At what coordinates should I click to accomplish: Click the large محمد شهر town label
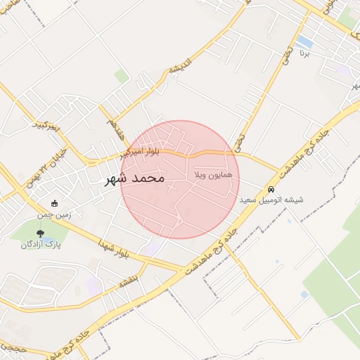point(134,178)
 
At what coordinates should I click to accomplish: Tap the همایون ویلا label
point(207,172)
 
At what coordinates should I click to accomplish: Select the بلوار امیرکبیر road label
point(139,151)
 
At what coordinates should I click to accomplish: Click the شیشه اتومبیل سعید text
point(271,200)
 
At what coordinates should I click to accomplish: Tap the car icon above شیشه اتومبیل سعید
point(271,190)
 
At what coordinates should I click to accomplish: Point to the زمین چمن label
point(55,214)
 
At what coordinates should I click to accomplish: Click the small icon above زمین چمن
point(55,203)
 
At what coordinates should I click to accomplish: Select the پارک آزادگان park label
point(41,244)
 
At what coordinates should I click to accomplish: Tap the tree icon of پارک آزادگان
point(39,233)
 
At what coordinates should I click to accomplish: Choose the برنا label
point(304,53)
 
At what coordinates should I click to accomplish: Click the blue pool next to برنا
point(304,41)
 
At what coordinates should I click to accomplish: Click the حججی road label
point(12,347)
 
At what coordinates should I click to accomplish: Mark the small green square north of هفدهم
point(122,76)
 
